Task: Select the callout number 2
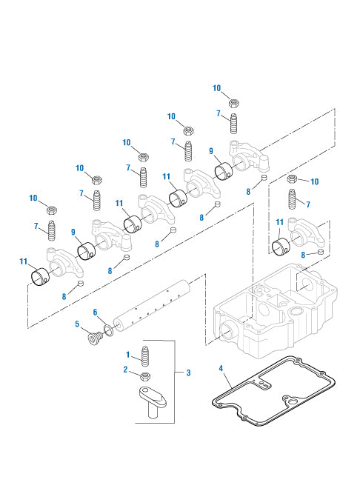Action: click(126, 369)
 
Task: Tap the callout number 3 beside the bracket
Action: click(189, 373)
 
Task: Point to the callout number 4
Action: click(221, 367)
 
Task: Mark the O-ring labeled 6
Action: click(110, 330)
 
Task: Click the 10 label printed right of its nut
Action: click(314, 181)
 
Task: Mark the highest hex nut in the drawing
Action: click(233, 102)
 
